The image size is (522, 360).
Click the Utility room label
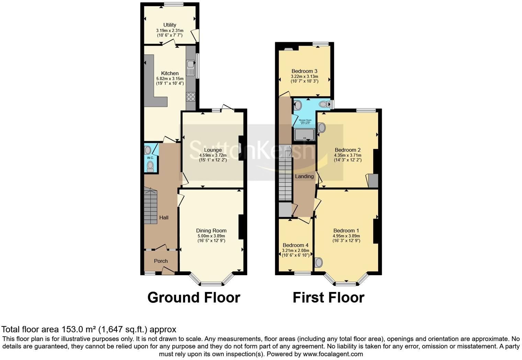coord(170,25)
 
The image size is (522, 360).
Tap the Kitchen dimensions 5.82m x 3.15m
coord(170,78)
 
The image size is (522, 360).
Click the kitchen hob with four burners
coord(191,97)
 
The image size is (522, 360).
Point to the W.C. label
coord(150,158)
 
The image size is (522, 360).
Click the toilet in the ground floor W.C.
coord(150,166)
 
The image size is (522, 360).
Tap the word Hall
coord(164,217)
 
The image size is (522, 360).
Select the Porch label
coord(161,261)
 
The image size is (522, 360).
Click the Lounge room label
coord(213,150)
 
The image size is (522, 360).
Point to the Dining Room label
coord(211,230)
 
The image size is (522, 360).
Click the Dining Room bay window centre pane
coord(211,284)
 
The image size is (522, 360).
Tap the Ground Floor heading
coord(194,297)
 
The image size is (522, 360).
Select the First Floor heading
coord(328,297)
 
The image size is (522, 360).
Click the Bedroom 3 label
coord(304,71)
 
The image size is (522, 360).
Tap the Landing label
coord(304,176)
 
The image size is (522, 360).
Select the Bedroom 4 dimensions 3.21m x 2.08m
coord(295,250)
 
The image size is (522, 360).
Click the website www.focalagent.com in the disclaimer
coord(332,354)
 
